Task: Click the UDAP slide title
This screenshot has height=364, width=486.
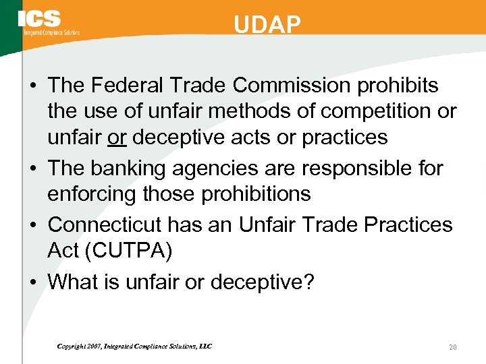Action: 267,25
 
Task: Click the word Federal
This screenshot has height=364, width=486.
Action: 132,86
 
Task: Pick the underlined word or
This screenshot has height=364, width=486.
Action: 117,138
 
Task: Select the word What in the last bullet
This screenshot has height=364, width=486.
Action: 74,281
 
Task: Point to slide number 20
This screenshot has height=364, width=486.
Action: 452,346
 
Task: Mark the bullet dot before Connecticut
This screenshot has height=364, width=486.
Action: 35,225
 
